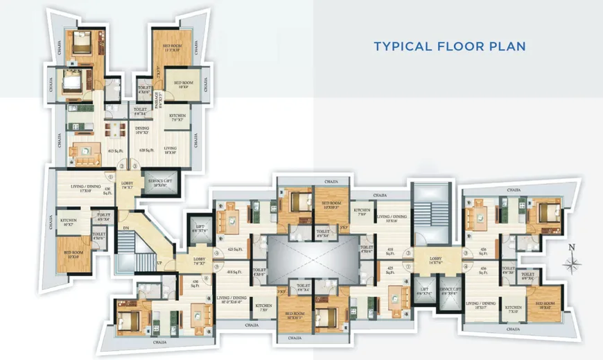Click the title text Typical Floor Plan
coord(449,46)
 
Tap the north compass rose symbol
coord(573,262)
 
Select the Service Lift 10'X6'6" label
coord(161,182)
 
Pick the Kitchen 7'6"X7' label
coord(177,118)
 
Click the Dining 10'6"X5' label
coord(142,130)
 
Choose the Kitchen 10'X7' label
coord(68,222)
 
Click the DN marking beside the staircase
coord(125,228)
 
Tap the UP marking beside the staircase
coord(161,264)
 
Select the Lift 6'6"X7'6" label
coord(200,228)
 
